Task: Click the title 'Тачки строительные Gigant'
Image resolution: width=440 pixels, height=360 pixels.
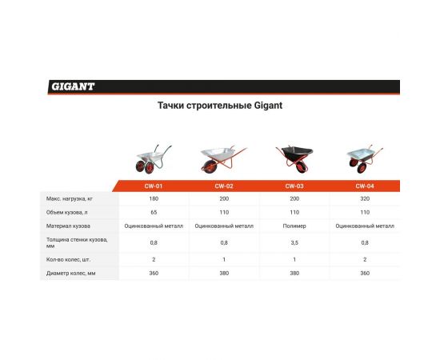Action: (x=219, y=105)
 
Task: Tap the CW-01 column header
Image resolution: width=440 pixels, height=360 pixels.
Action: (x=154, y=186)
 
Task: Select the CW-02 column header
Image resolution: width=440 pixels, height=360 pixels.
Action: (x=224, y=186)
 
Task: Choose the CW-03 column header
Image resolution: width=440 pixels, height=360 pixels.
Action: (x=294, y=186)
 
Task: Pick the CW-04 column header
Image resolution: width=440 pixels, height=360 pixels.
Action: (x=364, y=186)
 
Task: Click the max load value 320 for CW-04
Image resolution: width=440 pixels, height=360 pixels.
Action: (x=364, y=198)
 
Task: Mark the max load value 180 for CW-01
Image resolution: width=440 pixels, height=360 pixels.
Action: (x=154, y=198)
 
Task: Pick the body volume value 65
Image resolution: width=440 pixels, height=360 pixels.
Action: (x=154, y=212)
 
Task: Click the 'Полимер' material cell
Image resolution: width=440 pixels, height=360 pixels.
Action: (x=294, y=226)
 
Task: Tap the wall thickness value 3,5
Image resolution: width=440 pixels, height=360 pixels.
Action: (x=294, y=242)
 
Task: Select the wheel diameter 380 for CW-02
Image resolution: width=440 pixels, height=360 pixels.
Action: (x=224, y=274)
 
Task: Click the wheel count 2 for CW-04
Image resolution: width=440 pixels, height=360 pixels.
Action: (x=364, y=259)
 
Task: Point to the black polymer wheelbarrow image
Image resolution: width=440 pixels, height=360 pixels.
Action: (x=294, y=158)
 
